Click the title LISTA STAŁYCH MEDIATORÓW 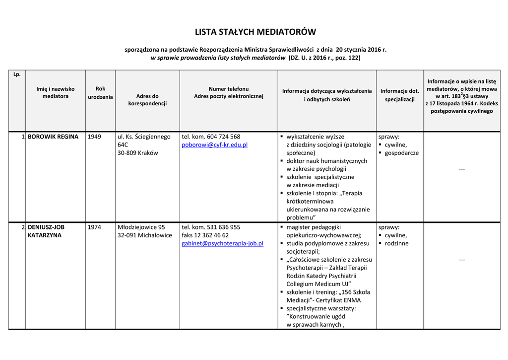coord(255,32)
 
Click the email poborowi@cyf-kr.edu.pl coord(214,145)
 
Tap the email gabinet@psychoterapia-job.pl coord(222,243)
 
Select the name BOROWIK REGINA coord(53,137)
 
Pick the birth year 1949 coord(94,137)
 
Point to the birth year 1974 coord(94,227)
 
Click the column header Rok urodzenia coord(100,93)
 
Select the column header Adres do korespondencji coord(147,100)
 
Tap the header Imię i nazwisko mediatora coord(55,92)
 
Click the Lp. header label coord(17,74)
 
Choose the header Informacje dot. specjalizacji coord(399,95)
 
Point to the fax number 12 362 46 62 coord(212,235)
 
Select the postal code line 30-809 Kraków coord(137,153)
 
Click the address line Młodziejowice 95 coord(141,227)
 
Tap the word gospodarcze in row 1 coord(401,153)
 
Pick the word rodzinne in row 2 coord(396,243)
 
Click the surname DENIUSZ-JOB coord(46,227)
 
